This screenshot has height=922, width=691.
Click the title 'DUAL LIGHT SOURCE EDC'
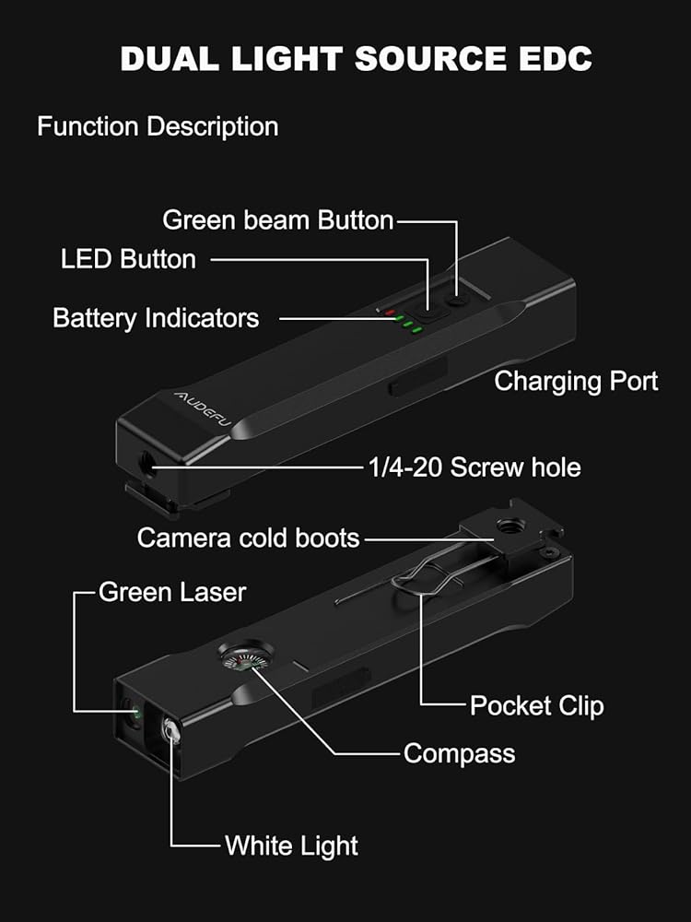356,59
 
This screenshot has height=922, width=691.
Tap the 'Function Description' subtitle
158,126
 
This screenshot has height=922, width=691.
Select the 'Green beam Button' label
278,220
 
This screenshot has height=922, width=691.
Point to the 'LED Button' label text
128,259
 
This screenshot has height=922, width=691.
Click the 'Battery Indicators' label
156,318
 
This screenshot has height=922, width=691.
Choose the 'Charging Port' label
576,381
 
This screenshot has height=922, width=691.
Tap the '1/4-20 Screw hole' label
474,467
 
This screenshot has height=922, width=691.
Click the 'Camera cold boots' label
248,537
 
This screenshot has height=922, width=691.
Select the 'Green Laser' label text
172,591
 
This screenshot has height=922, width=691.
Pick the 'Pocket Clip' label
537,706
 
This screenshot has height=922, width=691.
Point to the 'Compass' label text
459,753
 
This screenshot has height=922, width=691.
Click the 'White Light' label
291,845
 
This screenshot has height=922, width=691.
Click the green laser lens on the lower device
135,712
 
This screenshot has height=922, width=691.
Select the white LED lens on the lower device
170,732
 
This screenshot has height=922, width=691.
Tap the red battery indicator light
390,311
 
